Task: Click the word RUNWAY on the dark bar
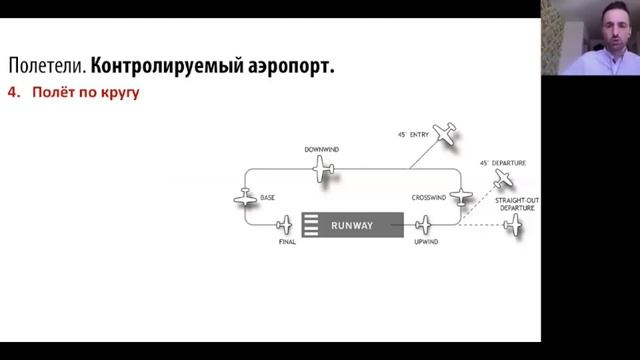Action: coord(352,226)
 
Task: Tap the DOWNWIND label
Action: coord(322,150)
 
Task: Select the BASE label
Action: coord(267,198)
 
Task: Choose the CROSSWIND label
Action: coord(428,198)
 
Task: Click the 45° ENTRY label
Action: coord(412,133)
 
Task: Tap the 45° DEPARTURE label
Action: coord(503,162)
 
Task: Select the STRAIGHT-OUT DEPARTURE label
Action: coord(517,205)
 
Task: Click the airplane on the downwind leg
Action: coord(322,170)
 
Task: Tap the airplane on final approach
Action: coord(285,225)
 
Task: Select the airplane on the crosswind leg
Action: coord(460,197)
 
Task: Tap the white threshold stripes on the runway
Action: coord(311,226)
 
